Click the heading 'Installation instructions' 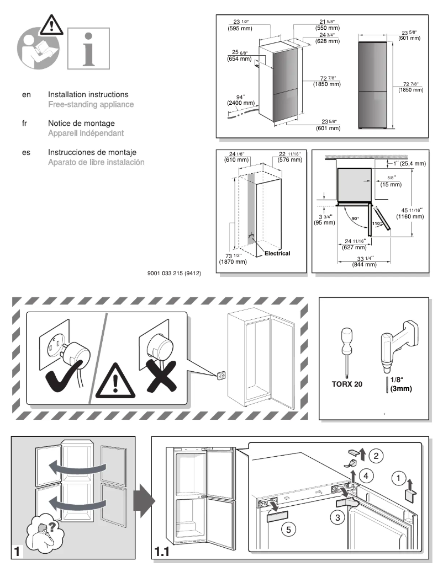click(88, 95)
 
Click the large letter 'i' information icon click(88, 48)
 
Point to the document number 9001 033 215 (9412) click(173, 271)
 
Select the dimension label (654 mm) click(239, 58)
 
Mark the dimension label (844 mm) click(364, 264)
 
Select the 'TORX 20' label click(347, 384)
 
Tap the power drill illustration click(395, 341)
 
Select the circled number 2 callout click(375, 455)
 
